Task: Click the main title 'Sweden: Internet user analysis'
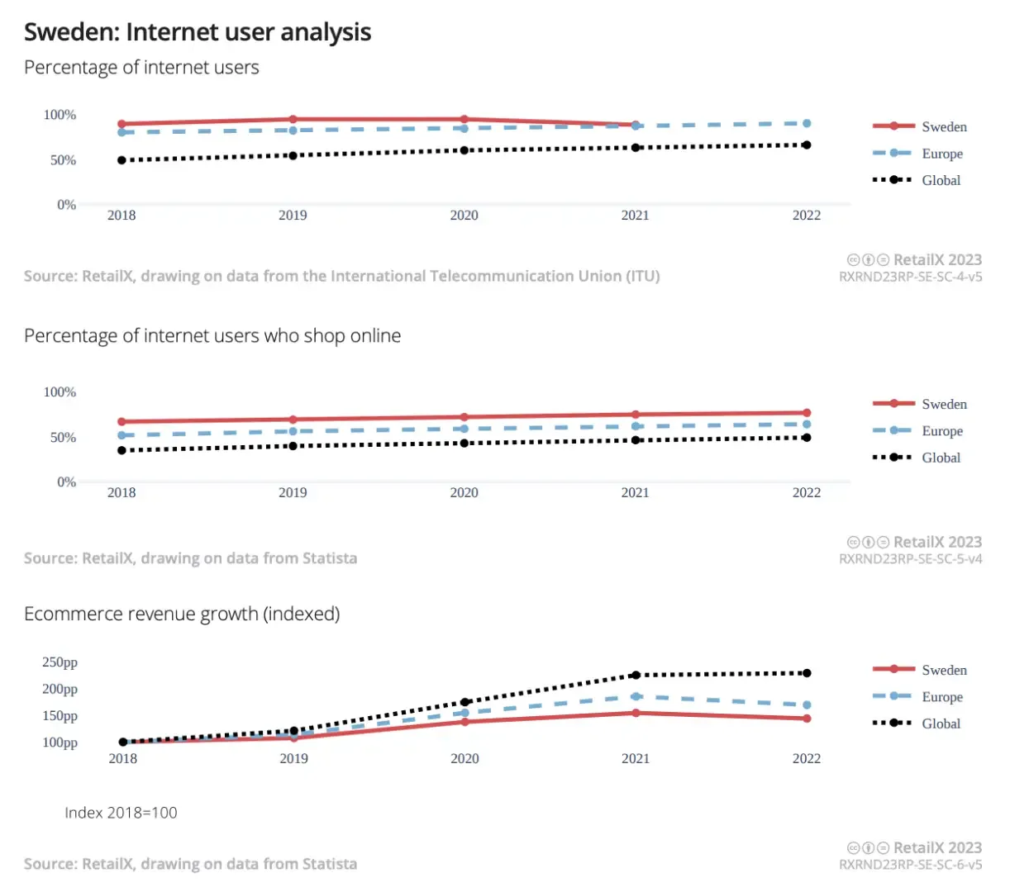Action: [x=198, y=32]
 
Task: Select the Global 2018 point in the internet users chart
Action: [x=121, y=160]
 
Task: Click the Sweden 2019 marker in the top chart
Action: [x=293, y=119]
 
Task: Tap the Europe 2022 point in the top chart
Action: [x=807, y=123]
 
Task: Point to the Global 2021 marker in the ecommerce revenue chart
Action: [x=636, y=675]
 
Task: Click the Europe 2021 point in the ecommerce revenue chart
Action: [x=636, y=696]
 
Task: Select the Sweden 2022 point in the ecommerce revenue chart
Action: [x=807, y=719]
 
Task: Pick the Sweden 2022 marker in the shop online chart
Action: [x=807, y=413]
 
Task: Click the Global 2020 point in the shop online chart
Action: [x=464, y=444]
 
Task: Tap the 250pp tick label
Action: [x=60, y=662]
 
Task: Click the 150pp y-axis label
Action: [x=60, y=715]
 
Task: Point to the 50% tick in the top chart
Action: [x=63, y=159]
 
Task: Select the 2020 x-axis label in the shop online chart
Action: [x=464, y=492]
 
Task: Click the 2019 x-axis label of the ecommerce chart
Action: [x=293, y=758]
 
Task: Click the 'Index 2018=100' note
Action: [x=121, y=813]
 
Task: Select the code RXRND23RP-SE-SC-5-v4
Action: [x=910, y=559]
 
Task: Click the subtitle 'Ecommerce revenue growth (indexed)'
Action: [x=182, y=614]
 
